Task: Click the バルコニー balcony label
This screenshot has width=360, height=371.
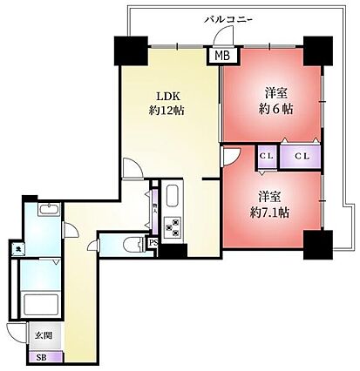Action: click(228, 17)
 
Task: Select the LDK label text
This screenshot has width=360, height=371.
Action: click(166, 96)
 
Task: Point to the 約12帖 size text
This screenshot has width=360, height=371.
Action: click(166, 111)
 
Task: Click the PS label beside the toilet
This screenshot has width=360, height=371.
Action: click(153, 244)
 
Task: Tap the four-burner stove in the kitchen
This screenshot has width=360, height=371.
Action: click(173, 227)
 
